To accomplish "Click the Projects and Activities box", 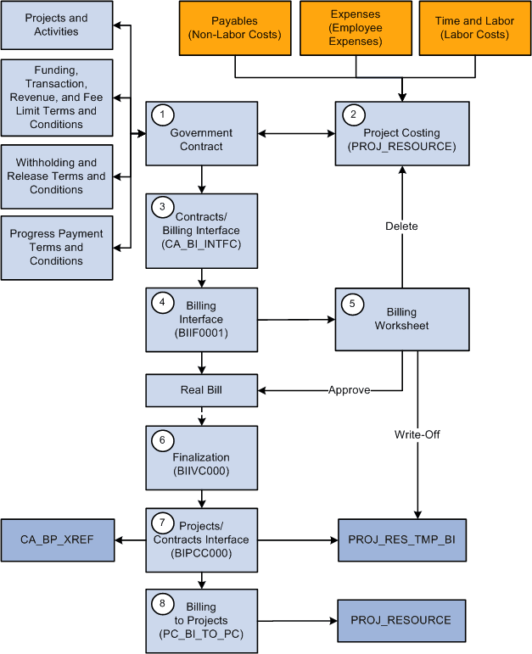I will pyautogui.click(x=57, y=25).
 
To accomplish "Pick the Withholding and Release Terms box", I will pyautogui.click(x=57, y=176).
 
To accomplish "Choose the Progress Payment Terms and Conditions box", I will pyautogui.click(x=57, y=247).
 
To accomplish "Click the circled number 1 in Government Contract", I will pyautogui.click(x=158, y=113).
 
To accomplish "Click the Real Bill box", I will pyautogui.click(x=201, y=391).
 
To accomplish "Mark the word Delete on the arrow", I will pyautogui.click(x=401, y=226).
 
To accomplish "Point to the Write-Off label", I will pyautogui.click(x=417, y=435).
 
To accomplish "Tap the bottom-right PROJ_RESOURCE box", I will pyautogui.click(x=401, y=620).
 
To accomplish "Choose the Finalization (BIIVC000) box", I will pyautogui.click(x=201, y=457).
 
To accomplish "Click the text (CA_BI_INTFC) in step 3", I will pyautogui.click(x=201, y=244).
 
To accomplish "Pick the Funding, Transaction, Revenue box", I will pyautogui.click(x=57, y=98).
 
